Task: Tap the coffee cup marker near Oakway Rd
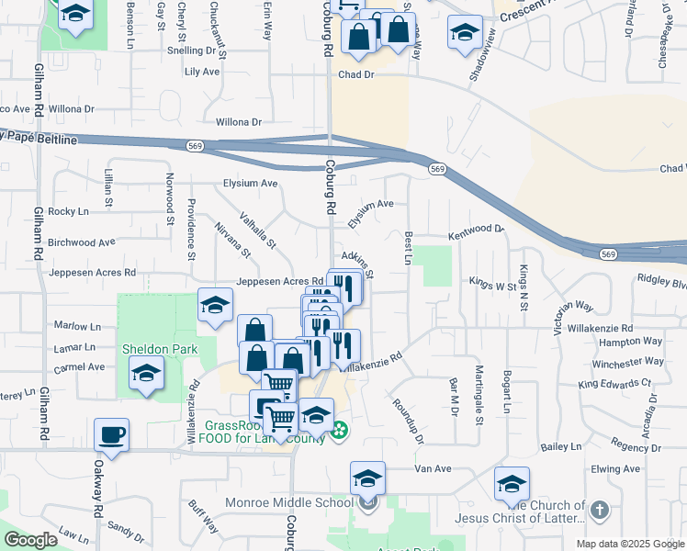pos(112,433)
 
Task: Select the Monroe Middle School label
pos(289,502)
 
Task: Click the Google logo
pos(30,540)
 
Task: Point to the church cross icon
pos(599,509)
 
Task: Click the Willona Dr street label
pos(238,121)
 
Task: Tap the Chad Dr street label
pos(357,74)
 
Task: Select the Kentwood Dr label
pos(476,233)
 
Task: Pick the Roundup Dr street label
pos(406,421)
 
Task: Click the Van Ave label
pos(434,468)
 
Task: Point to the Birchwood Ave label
pos(82,242)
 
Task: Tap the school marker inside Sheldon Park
pos(146,374)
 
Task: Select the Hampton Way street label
pos(640,341)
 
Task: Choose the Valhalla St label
pos(258,230)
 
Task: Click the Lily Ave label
pos(202,71)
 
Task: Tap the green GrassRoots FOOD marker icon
pos(339,429)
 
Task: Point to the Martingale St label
pos(479,396)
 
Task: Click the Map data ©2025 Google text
pos(629,544)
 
